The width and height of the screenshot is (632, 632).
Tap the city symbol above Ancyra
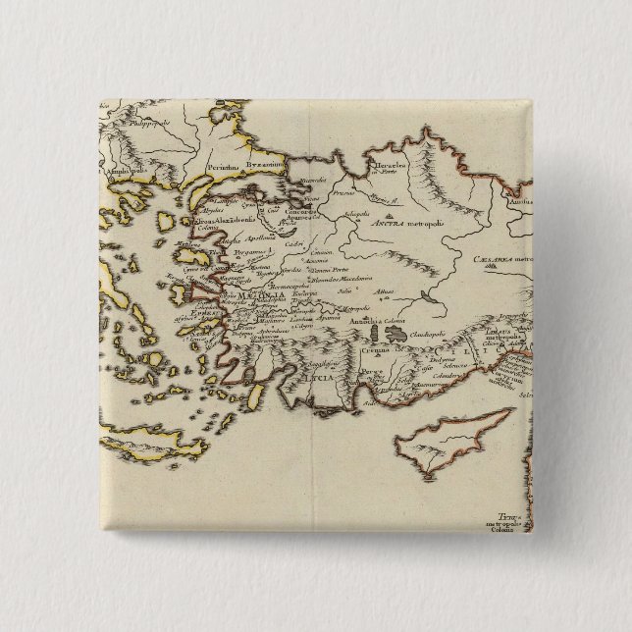(x=391, y=211)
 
